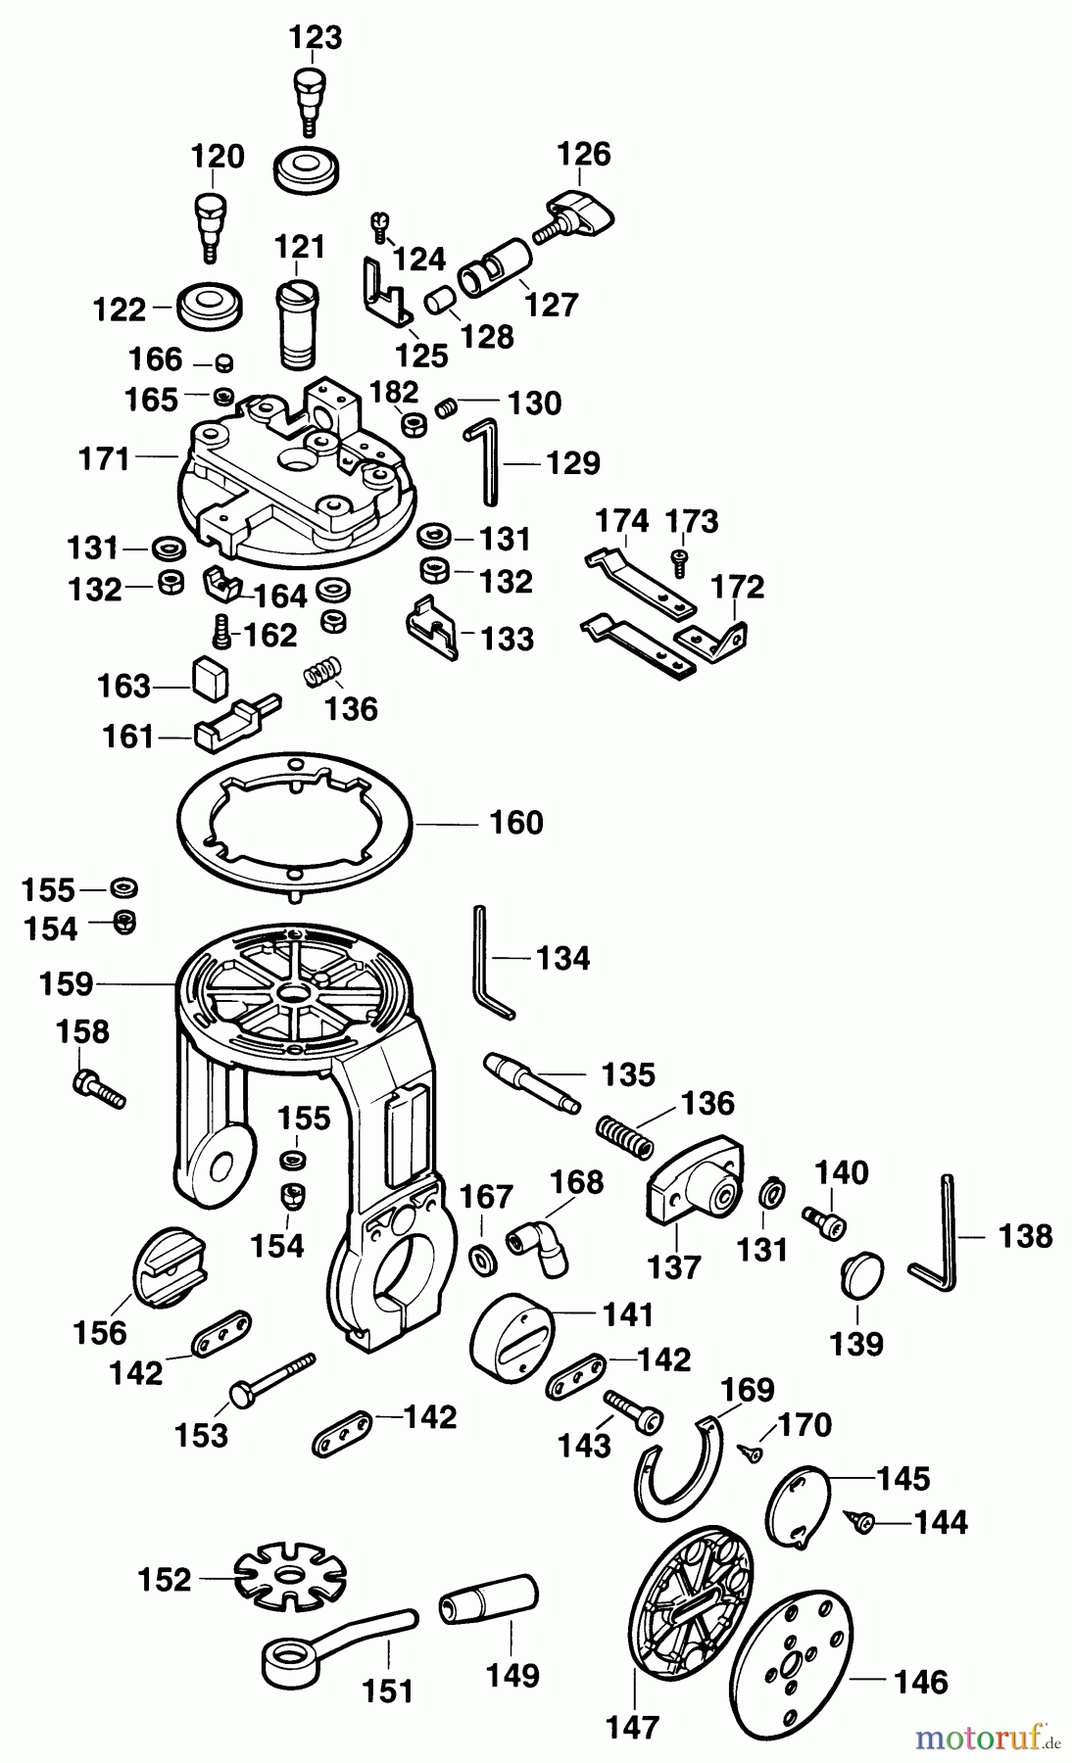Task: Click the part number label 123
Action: point(315,37)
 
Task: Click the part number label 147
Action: point(632,1728)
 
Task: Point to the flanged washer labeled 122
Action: point(210,308)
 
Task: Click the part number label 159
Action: point(66,983)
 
